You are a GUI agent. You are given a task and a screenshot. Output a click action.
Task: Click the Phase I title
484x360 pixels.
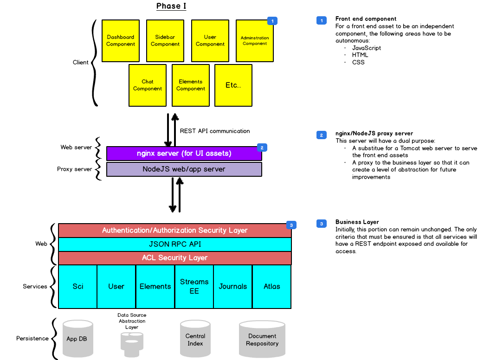tap(171, 6)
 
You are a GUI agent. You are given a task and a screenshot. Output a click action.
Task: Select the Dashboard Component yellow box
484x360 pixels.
tap(121, 41)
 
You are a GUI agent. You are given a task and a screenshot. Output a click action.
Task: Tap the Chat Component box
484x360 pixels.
tap(148, 85)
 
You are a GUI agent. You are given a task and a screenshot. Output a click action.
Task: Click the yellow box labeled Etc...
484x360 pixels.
tap(233, 85)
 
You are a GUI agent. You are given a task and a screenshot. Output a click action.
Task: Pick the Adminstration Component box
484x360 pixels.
tap(255, 41)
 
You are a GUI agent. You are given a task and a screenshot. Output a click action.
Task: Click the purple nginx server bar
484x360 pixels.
tap(184, 154)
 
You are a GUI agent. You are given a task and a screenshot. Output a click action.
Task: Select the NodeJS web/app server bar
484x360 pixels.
tap(184, 169)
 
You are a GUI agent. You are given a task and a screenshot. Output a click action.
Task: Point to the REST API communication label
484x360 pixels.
tap(214, 131)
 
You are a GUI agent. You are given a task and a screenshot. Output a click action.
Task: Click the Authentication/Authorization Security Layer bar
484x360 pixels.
tap(174, 231)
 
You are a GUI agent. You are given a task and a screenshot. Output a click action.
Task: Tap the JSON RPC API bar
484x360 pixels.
tap(174, 244)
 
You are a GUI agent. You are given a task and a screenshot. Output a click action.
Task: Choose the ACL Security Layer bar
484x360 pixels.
tap(174, 257)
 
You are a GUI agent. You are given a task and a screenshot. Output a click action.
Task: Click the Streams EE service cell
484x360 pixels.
tap(194, 286)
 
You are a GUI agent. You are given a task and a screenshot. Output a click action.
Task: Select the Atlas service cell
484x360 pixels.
tap(271, 286)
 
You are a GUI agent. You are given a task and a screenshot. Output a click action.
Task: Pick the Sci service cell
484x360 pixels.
tap(78, 286)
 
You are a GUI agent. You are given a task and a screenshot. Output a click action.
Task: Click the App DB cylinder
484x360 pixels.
tap(77, 339)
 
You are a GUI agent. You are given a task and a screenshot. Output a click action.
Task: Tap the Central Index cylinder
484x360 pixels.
tap(195, 340)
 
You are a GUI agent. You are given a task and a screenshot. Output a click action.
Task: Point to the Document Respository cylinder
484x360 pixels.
tap(262, 340)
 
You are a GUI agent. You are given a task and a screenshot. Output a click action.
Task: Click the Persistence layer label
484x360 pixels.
tap(32, 339)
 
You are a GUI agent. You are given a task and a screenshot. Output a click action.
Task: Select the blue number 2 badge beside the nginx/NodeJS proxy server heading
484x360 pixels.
tap(321, 135)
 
